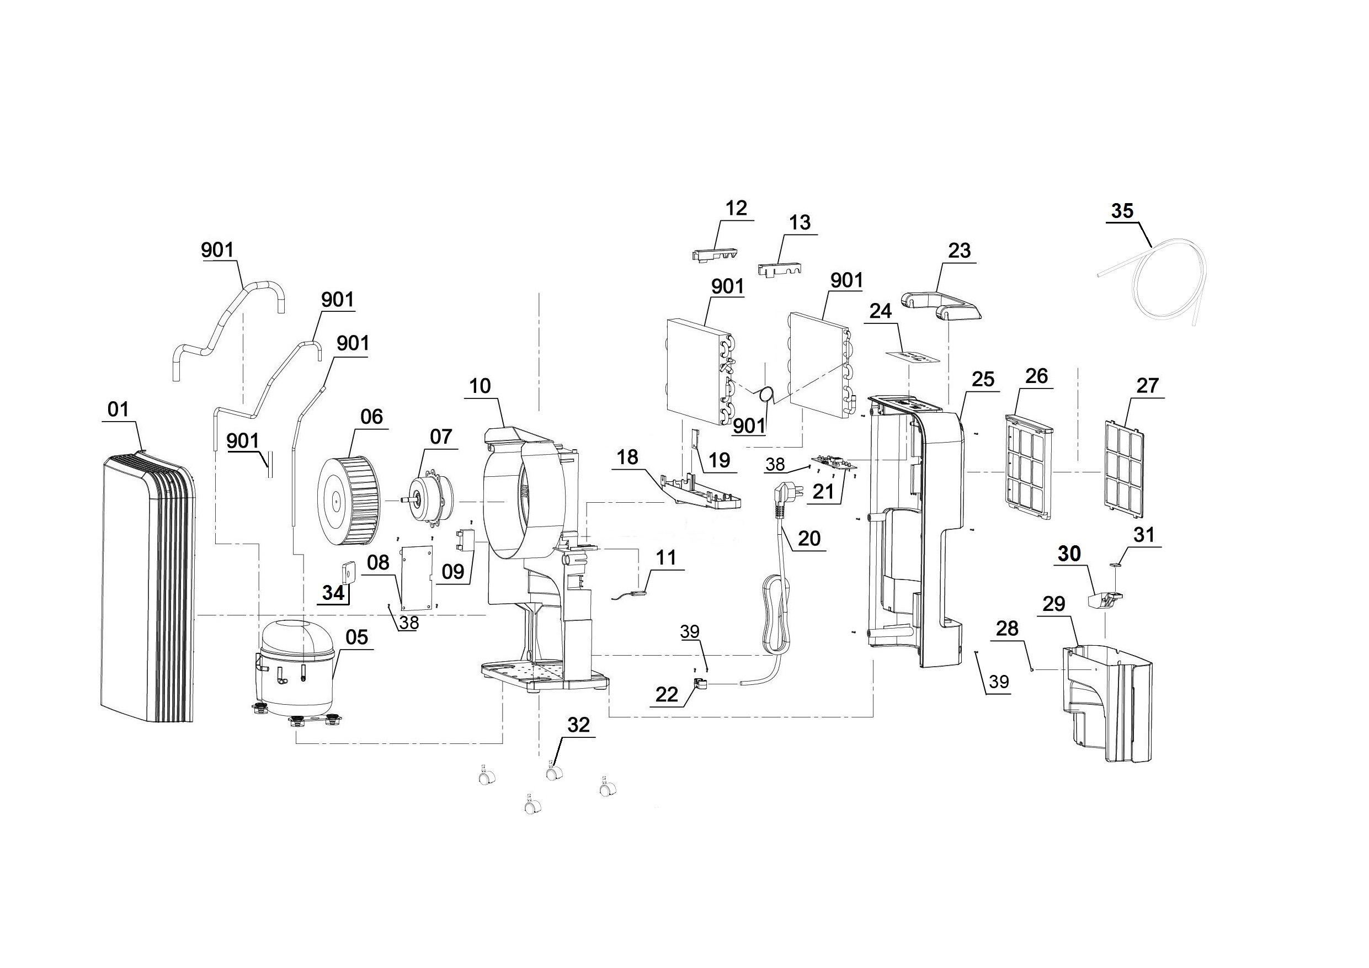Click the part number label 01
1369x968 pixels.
pyautogui.click(x=118, y=409)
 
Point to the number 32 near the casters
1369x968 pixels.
pyautogui.click(x=578, y=725)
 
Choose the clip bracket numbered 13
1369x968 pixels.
pyautogui.click(x=779, y=268)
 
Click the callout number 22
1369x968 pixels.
pyautogui.click(x=667, y=694)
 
